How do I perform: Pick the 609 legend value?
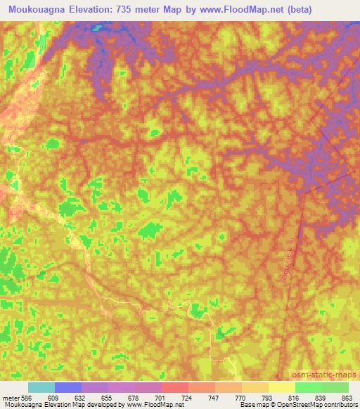pyautogui.click(x=50, y=397)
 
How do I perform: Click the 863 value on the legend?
pyautogui.click(x=346, y=397)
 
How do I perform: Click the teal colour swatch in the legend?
pyautogui.click(x=41, y=387)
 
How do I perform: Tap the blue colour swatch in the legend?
pyautogui.click(x=68, y=387)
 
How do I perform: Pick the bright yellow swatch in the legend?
pyautogui.click(x=282, y=387)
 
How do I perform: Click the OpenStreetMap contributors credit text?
pyautogui.click(x=321, y=405)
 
